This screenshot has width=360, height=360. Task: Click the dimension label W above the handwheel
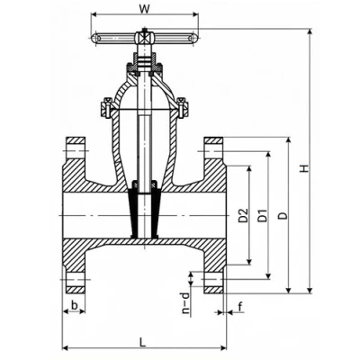(144, 9)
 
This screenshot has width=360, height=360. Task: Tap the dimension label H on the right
(305, 168)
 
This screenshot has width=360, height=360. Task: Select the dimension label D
(283, 215)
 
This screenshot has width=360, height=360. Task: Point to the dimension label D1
(263, 215)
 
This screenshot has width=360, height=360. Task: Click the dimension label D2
(244, 215)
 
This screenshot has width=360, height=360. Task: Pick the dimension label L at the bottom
(143, 342)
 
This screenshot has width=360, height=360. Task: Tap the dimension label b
(75, 305)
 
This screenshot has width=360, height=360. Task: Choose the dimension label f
(240, 307)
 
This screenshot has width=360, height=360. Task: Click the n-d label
(186, 303)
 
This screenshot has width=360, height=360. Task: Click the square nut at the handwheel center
(144, 38)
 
